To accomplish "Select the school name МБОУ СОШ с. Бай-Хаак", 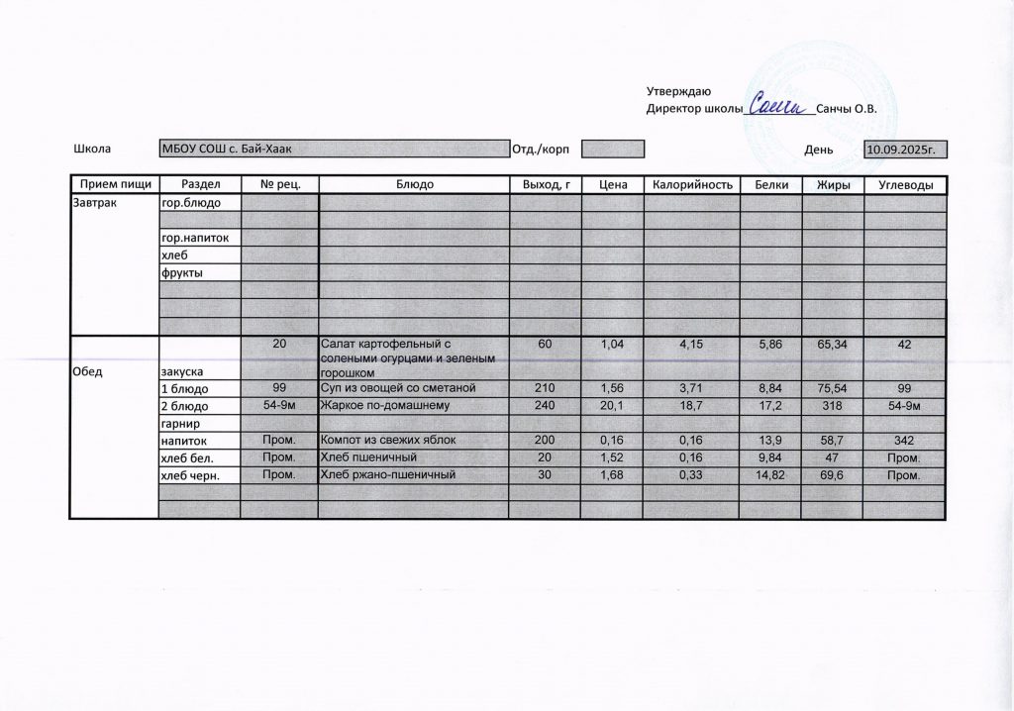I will [228, 150].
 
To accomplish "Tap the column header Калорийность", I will [691, 185].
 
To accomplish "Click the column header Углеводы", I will [905, 185].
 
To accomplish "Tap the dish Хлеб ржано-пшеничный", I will [388, 475].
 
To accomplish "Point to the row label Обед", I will [89, 371].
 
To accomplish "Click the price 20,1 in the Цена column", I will [612, 405].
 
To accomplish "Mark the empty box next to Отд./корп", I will [612, 150].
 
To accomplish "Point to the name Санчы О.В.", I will [851, 109].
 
